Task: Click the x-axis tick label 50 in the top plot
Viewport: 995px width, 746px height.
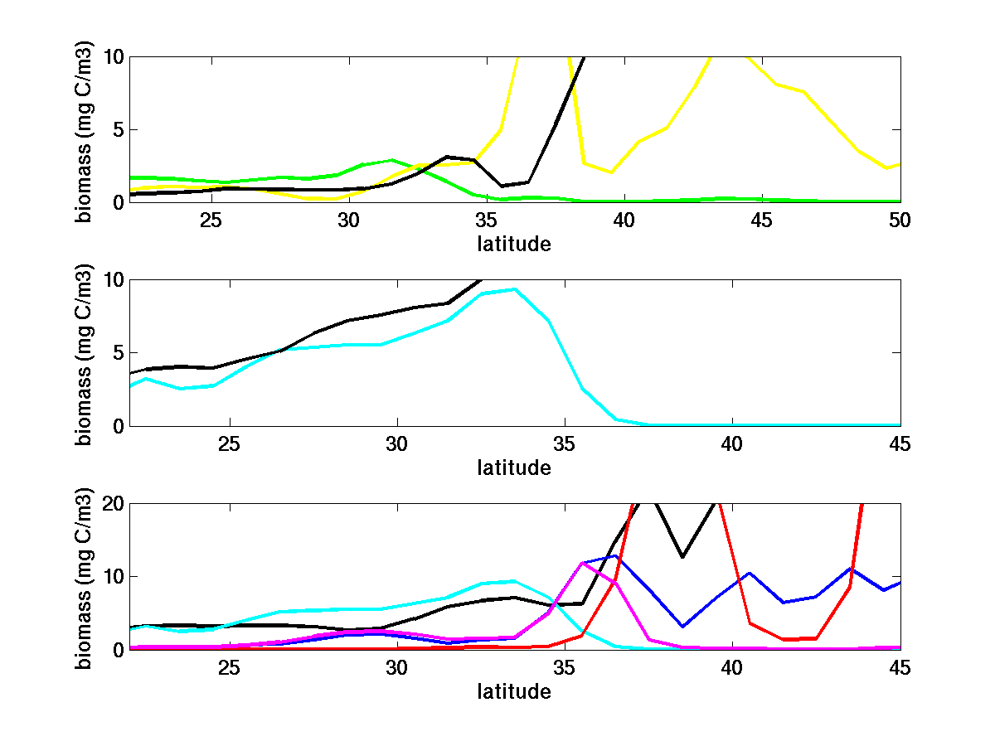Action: coord(900,220)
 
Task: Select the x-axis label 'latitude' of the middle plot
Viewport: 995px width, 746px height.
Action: coord(514,467)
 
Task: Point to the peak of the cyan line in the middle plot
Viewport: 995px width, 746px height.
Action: coord(515,289)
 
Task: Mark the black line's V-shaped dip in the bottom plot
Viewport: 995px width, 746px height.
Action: coord(682,557)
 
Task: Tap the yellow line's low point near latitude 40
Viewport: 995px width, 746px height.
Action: coord(611,172)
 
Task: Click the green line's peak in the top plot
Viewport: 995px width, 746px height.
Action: coord(391,160)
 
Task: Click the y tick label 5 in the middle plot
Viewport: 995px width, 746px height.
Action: coord(117,353)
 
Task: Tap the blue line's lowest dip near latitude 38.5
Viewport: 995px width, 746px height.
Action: coord(682,626)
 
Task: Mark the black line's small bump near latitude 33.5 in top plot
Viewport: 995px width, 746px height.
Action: coord(447,157)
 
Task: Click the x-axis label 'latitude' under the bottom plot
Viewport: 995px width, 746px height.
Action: coord(514,691)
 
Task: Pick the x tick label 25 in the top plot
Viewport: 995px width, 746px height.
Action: coord(211,220)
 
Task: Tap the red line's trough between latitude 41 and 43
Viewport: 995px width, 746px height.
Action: coord(783,639)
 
